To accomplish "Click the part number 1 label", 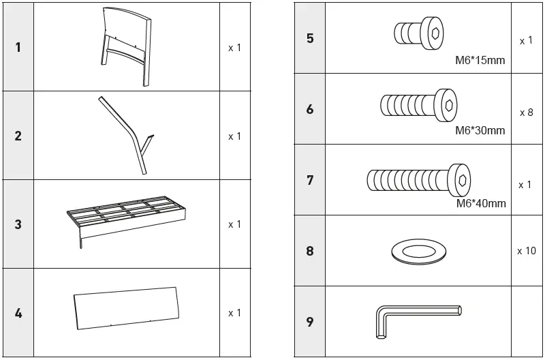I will coord(18,48).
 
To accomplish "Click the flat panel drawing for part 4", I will coord(127,314).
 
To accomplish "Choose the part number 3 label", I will coord(18,224).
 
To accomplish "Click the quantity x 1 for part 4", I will coord(234,313).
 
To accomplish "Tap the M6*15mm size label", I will coord(480,60).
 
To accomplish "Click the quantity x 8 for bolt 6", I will coord(526,112).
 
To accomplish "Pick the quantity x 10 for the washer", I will coord(526,251).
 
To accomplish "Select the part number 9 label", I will coord(310,322).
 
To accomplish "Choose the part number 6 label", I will coord(310,109).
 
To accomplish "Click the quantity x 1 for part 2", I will coord(234,136).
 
